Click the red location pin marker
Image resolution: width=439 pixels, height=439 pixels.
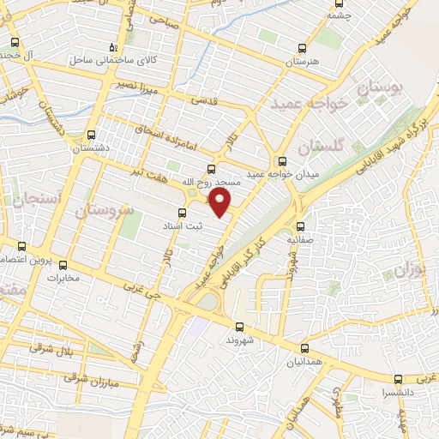[220, 202]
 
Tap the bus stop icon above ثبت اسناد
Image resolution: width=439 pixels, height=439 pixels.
[182, 213]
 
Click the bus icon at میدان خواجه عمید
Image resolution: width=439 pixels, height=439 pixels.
[282, 160]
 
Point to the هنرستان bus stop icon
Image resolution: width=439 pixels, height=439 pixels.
[301, 48]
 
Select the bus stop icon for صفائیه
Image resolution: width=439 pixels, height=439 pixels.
[301, 227]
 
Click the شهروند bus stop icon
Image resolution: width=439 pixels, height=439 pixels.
[239, 326]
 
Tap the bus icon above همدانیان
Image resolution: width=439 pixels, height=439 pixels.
[306, 348]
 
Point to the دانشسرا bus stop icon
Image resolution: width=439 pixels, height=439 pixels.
[398, 378]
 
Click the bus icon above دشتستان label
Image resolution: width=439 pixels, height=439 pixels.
[92, 134]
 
